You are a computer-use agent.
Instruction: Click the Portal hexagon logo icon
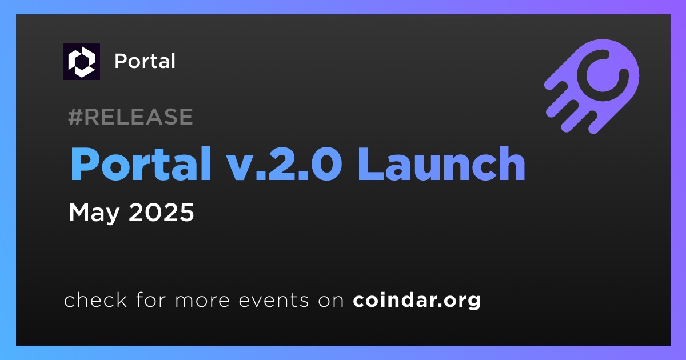click(x=82, y=62)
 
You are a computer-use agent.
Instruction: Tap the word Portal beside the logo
click(x=145, y=61)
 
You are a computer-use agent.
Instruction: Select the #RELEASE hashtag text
click(x=130, y=117)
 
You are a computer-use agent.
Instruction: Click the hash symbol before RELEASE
click(x=75, y=117)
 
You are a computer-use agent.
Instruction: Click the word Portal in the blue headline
click(x=141, y=164)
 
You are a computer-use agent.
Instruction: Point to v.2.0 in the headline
click(x=285, y=164)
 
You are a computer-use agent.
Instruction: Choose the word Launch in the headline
click(x=441, y=164)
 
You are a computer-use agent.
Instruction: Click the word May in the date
click(x=94, y=213)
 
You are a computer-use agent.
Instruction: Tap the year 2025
click(x=161, y=212)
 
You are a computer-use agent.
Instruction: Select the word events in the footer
click(x=274, y=301)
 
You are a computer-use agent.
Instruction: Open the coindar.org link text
click(x=417, y=301)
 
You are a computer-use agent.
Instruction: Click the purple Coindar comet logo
click(x=592, y=86)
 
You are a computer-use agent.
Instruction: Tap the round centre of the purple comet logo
click(x=603, y=75)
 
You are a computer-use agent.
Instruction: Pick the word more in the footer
click(x=202, y=301)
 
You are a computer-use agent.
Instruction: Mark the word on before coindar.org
click(x=331, y=301)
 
